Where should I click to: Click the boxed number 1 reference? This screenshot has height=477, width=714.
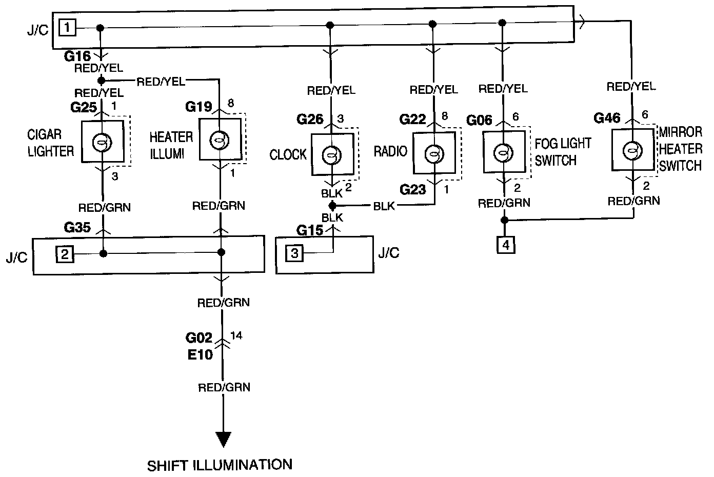coord(67,28)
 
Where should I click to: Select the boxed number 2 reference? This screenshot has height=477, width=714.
coord(65,254)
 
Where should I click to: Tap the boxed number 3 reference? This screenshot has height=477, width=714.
coord(294,253)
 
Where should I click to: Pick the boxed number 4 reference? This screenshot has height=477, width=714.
coord(506,245)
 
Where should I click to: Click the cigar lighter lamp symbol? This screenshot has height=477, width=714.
coord(102,143)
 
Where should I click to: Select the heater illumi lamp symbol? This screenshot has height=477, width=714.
coord(220,140)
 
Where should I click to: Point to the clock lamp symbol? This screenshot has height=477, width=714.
coord(332,155)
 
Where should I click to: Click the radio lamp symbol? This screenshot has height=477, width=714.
coord(434,154)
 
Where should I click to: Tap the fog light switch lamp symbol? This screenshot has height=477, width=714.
coord(503,153)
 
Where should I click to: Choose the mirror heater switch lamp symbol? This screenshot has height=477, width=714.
coord(632,151)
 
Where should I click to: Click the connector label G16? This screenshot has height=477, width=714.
coord(77,56)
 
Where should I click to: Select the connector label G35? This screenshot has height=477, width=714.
coord(77,228)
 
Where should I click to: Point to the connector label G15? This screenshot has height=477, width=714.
coord(310,230)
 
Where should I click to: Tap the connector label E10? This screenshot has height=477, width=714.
coord(200,354)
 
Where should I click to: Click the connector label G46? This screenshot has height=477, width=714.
coord(607,118)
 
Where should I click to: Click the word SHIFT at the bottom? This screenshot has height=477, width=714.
coord(167,466)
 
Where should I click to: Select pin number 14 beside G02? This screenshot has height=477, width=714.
coord(236,335)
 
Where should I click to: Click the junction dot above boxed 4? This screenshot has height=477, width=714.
coord(504,220)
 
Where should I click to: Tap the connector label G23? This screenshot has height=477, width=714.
coord(413,190)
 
